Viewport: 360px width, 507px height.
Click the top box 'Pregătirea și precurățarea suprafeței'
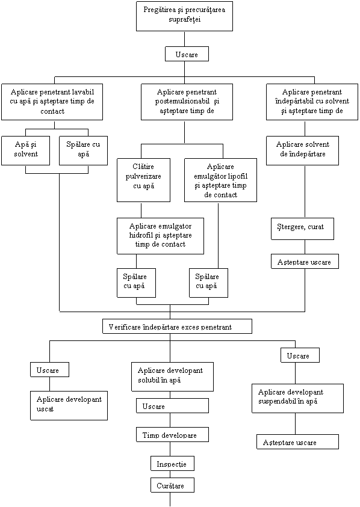[x=184, y=16]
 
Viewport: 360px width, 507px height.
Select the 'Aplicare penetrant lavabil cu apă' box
[x=52, y=102]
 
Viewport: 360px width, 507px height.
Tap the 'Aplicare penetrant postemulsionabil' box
[x=187, y=102]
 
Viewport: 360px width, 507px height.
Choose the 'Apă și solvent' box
[x=25, y=151]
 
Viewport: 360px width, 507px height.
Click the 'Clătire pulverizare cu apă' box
[x=143, y=180]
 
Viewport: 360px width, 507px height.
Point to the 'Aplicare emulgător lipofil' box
[x=220, y=180]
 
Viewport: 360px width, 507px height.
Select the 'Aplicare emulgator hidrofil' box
[x=160, y=236]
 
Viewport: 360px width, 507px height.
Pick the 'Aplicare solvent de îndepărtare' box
[x=302, y=151]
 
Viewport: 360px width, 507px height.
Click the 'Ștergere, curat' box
[x=302, y=229]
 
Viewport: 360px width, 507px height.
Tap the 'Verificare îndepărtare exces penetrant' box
[x=177, y=326]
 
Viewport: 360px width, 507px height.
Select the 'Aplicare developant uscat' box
[x=69, y=405]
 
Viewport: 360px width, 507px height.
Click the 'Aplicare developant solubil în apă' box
[x=172, y=376]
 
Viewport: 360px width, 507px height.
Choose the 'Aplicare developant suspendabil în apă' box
[x=297, y=398]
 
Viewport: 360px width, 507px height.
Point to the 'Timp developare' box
[x=172, y=435]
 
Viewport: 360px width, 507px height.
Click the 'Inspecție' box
[x=172, y=463]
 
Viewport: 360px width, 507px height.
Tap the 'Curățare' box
[x=172, y=485]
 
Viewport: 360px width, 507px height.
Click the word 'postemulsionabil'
[x=182, y=101]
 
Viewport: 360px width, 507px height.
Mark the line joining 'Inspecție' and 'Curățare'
[x=170, y=475]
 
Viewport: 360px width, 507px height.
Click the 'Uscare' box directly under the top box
[x=187, y=54]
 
